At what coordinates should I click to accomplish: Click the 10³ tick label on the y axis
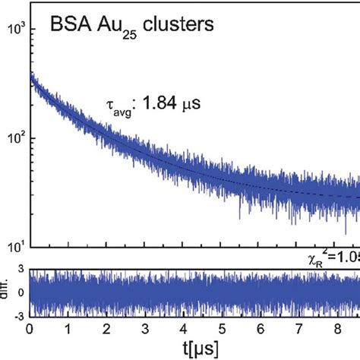point(14,29)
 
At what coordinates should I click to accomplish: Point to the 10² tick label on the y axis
point(14,137)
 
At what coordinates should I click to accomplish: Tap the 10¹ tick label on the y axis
point(14,245)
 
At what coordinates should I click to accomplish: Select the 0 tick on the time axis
point(30,328)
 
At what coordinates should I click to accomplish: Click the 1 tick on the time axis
point(70,328)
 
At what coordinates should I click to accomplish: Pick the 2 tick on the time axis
point(110,328)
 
